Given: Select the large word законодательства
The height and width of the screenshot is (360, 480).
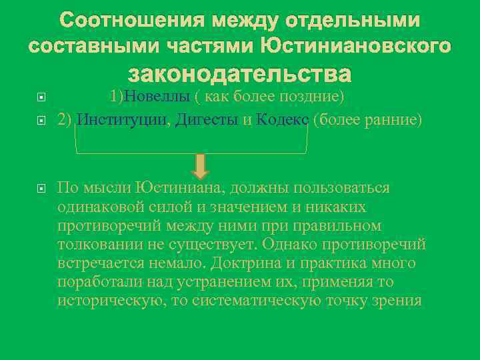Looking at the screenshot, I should pos(240,73).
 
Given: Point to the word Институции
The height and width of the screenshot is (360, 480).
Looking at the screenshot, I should pos(123,120).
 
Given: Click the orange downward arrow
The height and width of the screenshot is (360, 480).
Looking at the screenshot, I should pos(202,165).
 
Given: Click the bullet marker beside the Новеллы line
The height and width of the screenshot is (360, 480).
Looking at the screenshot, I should pos(41,98).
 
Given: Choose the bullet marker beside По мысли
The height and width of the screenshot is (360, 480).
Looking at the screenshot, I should pos(41,189).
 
